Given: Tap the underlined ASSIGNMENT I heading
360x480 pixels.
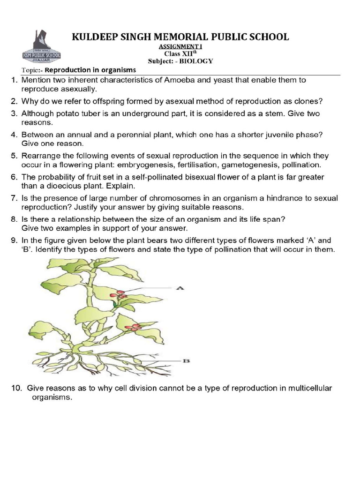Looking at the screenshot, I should tap(180, 47).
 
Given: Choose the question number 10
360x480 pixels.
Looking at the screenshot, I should tap(16, 389).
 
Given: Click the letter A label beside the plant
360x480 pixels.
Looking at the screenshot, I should tap(179, 289).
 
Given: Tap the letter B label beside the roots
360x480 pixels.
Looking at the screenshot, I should tap(186, 360).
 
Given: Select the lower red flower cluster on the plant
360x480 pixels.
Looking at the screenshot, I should tap(134, 327).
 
